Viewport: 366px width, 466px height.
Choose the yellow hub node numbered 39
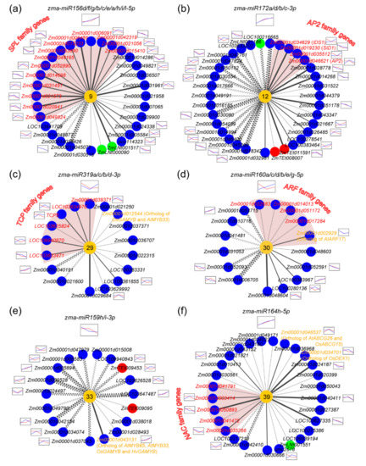268,397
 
